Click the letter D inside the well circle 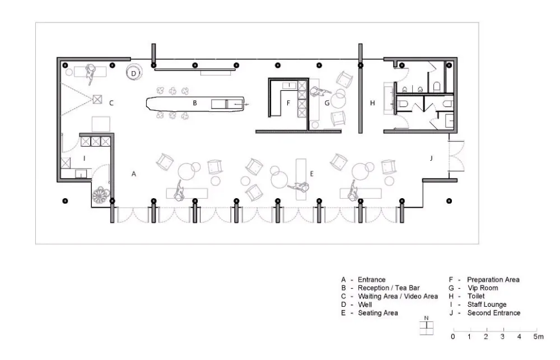[x=134, y=73]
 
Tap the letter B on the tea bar [x=195, y=103]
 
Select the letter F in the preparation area [x=288, y=103]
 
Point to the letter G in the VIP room [x=327, y=103]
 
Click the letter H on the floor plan [x=372, y=103]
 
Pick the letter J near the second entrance [x=431, y=158]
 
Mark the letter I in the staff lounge [x=85, y=158]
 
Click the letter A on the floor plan [x=134, y=174]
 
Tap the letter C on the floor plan [x=111, y=103]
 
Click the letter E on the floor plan [x=311, y=174]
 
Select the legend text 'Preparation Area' [x=493, y=279]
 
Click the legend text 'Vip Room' [x=483, y=288]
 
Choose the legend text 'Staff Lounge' [x=487, y=304]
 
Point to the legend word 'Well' [x=365, y=305]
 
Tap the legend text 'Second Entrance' [x=493, y=313]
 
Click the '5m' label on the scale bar [x=539, y=336]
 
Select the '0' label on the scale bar [x=453, y=336]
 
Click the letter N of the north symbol [x=426, y=318]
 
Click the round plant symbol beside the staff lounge [x=100, y=195]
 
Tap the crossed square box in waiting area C [x=97, y=99]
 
